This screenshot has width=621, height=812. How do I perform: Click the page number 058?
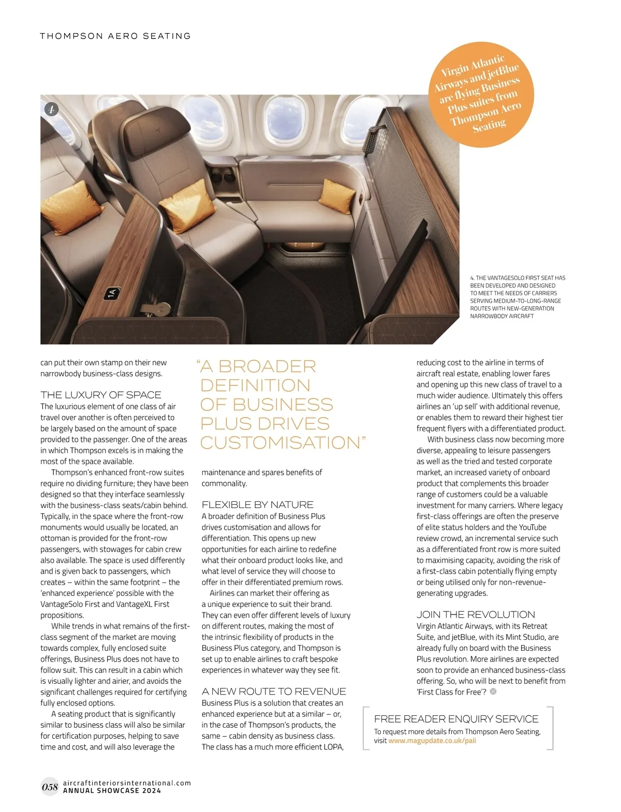[x=50, y=787]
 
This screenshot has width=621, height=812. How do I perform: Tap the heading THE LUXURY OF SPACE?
[x=101, y=395]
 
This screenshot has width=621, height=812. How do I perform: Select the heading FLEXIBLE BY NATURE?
[x=258, y=504]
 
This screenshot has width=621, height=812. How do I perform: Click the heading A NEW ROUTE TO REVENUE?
[x=274, y=692]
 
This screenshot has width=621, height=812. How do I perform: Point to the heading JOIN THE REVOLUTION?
[x=476, y=615]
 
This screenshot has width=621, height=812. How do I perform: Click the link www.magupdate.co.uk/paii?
[x=432, y=741]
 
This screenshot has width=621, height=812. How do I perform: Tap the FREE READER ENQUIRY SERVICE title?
[x=456, y=719]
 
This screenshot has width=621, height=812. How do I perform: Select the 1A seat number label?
[x=111, y=294]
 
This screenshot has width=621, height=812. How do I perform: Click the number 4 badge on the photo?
[x=51, y=109]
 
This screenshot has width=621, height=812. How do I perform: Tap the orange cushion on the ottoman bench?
[x=337, y=196]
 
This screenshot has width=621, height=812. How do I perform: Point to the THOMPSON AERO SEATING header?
[x=115, y=36]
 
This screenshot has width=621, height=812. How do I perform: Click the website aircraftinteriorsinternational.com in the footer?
[x=127, y=783]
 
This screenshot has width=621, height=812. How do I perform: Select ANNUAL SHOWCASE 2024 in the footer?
[x=112, y=791]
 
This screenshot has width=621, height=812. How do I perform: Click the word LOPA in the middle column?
[x=332, y=747]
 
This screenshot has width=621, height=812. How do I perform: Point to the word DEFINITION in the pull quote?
[x=255, y=386]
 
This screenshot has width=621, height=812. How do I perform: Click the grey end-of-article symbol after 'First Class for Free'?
[x=493, y=692]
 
